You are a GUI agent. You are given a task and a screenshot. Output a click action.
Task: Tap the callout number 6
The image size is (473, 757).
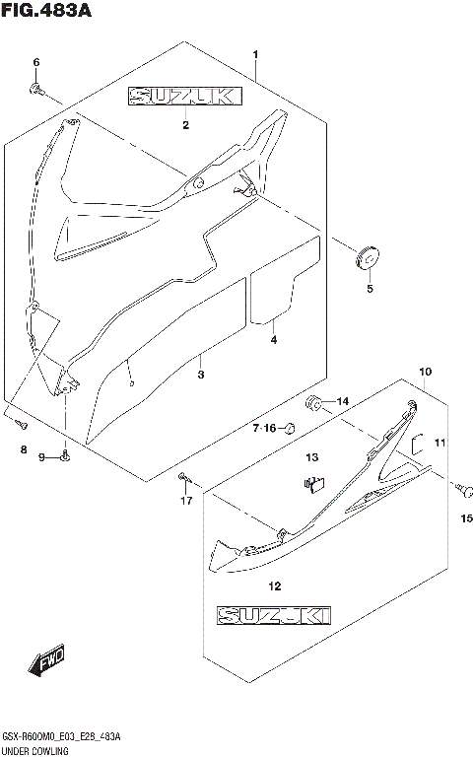pyautogui.click(x=36, y=63)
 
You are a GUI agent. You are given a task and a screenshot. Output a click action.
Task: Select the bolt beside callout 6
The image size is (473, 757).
pyautogui.click(x=36, y=90)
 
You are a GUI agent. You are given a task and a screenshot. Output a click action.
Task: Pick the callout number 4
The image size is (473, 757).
pyautogui.click(x=274, y=340)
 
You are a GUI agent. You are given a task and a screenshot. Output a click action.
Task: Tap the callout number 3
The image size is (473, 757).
pyautogui.click(x=200, y=376)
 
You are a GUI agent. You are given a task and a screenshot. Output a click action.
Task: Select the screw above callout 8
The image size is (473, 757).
pyautogui.click(x=21, y=425)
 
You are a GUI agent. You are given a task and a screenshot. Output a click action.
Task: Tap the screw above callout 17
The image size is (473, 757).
pyautogui.click(x=184, y=477)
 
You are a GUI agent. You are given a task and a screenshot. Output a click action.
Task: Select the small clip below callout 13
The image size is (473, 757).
pyautogui.click(x=313, y=482)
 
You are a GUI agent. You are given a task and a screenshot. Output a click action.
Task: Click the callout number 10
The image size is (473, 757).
pyautogui.click(x=425, y=372)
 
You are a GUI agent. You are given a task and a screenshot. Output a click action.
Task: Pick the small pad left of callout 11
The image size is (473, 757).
pyautogui.click(x=417, y=444)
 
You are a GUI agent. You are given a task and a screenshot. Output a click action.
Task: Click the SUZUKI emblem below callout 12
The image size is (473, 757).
pyautogui.click(x=275, y=616)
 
